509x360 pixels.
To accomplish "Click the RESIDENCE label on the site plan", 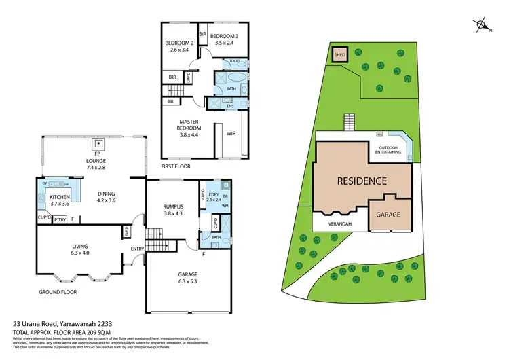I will (x=362, y=181).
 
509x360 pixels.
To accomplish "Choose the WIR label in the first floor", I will (x=230, y=133).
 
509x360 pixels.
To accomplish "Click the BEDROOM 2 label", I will (x=179, y=46).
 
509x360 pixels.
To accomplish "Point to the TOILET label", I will (x=235, y=61).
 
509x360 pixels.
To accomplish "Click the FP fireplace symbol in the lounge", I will (x=98, y=144).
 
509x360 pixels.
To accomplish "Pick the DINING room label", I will (x=105, y=196).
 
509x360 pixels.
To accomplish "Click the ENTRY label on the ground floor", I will (x=137, y=249).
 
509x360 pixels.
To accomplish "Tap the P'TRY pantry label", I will (x=60, y=220).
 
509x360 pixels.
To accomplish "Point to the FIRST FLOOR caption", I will (x=176, y=166).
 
